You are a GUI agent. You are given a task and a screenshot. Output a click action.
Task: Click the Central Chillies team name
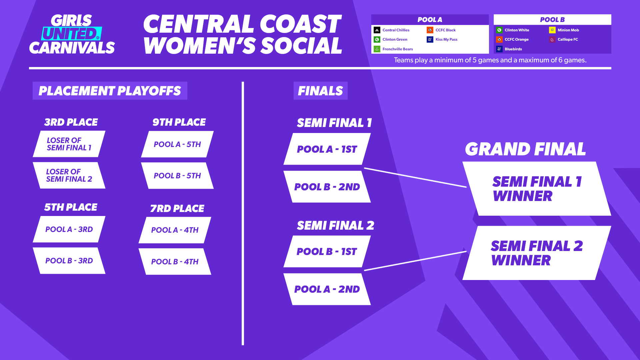[396, 30]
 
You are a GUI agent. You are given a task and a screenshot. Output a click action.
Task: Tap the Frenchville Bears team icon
[377, 49]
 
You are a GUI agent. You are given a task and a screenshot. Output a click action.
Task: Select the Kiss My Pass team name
[446, 39]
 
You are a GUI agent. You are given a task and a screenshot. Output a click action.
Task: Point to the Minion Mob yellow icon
[552, 30]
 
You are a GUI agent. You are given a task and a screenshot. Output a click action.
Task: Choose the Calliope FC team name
[568, 39]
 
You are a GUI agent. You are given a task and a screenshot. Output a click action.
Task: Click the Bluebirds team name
[513, 49]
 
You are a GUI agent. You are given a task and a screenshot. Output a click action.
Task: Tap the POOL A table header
[430, 20]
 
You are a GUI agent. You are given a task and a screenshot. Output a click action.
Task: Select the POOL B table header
[552, 20]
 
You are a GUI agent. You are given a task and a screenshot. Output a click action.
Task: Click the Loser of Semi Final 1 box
[69, 144]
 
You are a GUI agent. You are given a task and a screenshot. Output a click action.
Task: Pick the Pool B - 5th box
[177, 176]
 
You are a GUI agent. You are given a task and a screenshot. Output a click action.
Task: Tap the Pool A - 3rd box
[69, 229]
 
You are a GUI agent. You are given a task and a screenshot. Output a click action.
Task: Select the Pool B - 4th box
[175, 262]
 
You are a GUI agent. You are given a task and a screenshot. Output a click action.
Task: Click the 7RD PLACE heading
[177, 208]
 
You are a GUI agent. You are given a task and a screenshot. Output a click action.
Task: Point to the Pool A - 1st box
[327, 149]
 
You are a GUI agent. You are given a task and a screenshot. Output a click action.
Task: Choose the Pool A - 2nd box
[327, 289]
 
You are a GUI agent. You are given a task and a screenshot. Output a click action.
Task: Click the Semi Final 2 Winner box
[537, 253]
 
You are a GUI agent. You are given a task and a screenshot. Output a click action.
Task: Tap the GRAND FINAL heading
[525, 149]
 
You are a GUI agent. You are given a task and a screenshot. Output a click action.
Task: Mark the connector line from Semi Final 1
[415, 178]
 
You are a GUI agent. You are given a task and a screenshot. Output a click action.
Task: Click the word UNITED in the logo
[71, 34]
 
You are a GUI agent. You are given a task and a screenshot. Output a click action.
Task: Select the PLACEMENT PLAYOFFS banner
[110, 91]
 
